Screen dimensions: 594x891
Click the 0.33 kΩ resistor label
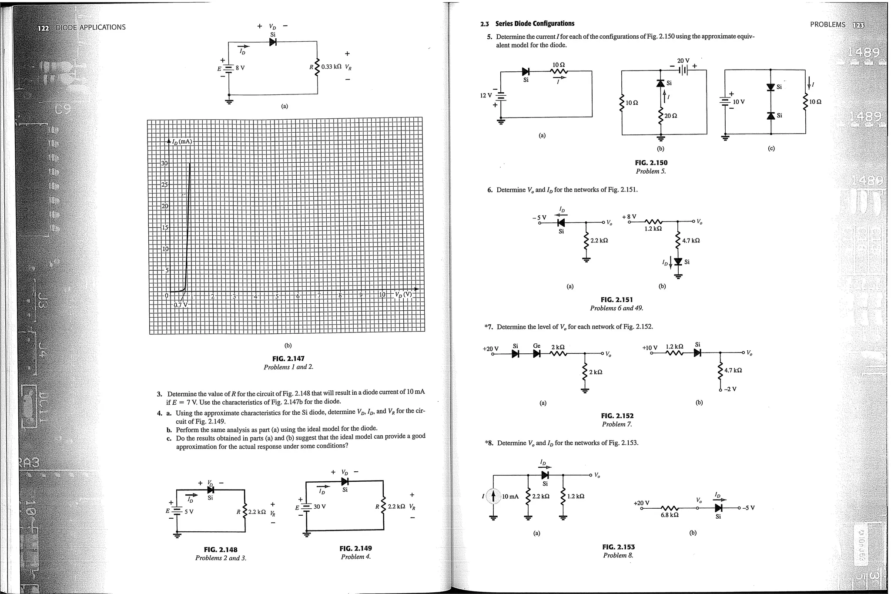pos(331,67)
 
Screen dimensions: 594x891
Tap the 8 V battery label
pos(240,68)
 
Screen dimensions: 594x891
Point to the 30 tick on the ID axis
pos(164,164)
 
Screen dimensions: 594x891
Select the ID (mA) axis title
pos(182,141)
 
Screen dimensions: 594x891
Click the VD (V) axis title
pos(403,294)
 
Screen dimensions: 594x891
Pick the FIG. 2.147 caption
pos(288,359)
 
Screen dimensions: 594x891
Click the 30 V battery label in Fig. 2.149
pos(319,507)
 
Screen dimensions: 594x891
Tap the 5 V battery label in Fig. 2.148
pos(189,511)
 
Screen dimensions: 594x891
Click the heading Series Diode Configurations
pos(535,23)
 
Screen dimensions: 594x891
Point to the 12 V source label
pos(486,95)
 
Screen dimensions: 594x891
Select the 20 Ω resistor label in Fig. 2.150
pos(670,116)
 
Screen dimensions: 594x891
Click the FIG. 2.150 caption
pos(651,163)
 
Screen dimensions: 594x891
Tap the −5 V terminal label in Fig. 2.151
pos(539,218)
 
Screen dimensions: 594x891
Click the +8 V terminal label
pos(629,216)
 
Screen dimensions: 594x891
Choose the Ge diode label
pos(537,346)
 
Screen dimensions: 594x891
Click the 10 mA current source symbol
pos(493,496)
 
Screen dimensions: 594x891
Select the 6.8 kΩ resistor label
pos(670,515)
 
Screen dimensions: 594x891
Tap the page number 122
pos(44,27)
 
